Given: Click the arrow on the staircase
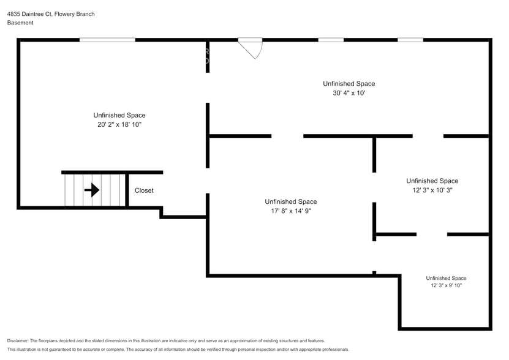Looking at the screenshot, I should pos(92,190).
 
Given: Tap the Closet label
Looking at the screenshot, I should pos(144,190).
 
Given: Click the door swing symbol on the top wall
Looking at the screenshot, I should pos(252,48).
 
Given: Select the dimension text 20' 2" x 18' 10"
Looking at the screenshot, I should pos(119,125).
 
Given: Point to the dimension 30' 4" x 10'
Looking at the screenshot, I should pos(349,94).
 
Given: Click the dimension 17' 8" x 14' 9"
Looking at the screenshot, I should pos(290,211).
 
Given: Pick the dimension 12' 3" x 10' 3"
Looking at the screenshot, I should pos(432,190).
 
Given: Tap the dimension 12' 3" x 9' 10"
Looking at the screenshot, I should pos(446,285).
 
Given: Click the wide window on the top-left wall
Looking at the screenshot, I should pos(107,40).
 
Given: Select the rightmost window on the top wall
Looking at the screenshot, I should pos(410,40).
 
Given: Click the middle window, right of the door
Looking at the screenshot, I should pos(331,40).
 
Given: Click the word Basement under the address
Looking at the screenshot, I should pos(20,23).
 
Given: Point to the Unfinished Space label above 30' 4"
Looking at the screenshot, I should pos(349,84).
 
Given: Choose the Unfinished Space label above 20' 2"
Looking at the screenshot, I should pos(119,115).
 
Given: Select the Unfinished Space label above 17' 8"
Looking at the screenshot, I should pos(290,201).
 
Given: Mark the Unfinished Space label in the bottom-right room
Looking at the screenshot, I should pos(446,278).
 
